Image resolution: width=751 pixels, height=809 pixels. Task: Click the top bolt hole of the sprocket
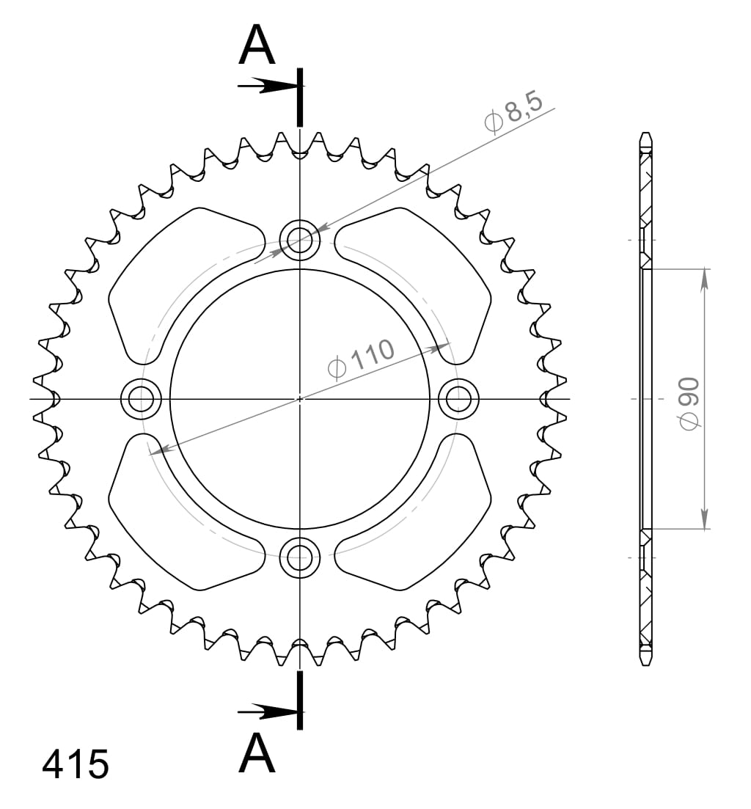tap(299, 239)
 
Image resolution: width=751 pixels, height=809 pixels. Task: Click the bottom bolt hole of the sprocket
tap(299, 558)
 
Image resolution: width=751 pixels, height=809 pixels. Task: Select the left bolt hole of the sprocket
tap(140, 399)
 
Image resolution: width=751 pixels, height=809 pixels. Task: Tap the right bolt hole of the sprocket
tap(458, 399)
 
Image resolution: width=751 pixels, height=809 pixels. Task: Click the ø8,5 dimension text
tap(513, 113)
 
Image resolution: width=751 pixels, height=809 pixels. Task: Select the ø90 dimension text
tap(689, 403)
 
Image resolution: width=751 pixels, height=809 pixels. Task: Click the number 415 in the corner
tap(76, 764)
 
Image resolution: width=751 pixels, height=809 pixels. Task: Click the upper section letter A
tap(257, 46)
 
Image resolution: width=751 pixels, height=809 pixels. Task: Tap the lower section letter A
tap(257, 753)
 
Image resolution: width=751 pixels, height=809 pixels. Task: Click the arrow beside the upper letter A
tap(268, 86)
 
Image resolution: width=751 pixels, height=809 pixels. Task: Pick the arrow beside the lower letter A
tap(268, 711)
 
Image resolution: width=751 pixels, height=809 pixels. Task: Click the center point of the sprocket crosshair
tap(299, 399)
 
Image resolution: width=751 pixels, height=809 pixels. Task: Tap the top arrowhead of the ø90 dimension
tap(705, 277)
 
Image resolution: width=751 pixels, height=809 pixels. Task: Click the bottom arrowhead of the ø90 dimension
tap(705, 521)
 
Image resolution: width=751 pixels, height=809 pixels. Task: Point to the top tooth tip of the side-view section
tap(645, 134)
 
